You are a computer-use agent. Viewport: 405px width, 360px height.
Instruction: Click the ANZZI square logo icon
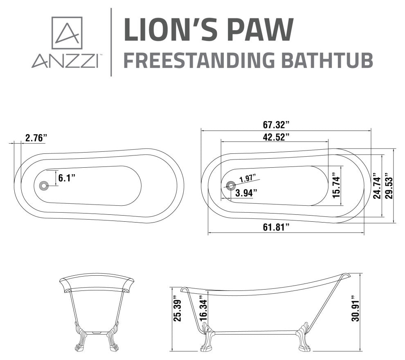[x=67, y=33]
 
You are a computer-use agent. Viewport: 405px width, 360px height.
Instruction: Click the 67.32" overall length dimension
[x=276, y=125]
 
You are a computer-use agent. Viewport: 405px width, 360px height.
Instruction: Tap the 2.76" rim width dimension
[x=36, y=138]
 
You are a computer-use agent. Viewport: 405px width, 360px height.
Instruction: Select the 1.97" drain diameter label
[x=248, y=179]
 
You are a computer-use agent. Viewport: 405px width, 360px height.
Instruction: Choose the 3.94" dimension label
[x=246, y=193]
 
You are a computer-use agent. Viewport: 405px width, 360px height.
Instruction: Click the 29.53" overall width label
[x=389, y=185]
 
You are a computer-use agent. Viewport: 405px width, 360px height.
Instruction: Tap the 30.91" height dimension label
[x=355, y=311]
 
